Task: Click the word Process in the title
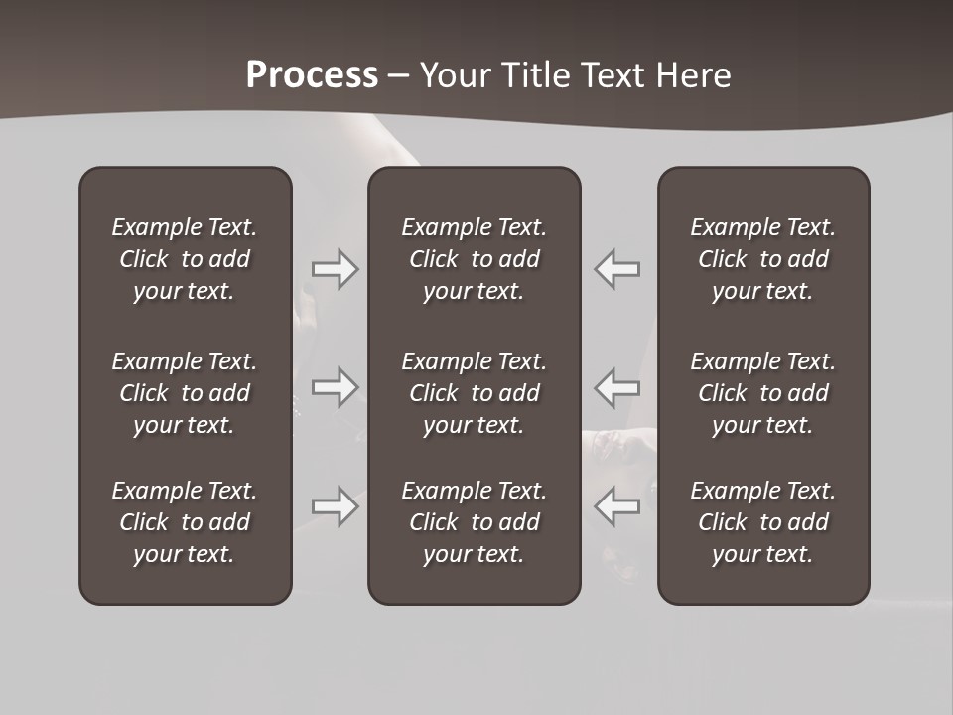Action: pos(312,75)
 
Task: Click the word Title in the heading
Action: pos(534,75)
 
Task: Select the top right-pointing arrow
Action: pos(336,269)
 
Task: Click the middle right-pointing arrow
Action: pos(336,386)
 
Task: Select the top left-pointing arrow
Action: pos(616,269)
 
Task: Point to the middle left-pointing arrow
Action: pos(616,386)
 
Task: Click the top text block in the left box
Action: pos(185,259)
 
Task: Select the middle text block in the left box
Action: pos(185,393)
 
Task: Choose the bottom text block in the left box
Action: pos(185,522)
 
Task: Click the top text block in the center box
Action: pos(474,259)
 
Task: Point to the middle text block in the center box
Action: pos(474,393)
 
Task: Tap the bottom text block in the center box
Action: pos(474,522)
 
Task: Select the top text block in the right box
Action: pos(762,259)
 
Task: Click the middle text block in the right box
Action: pos(762,393)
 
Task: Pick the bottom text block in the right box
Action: pos(762,522)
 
